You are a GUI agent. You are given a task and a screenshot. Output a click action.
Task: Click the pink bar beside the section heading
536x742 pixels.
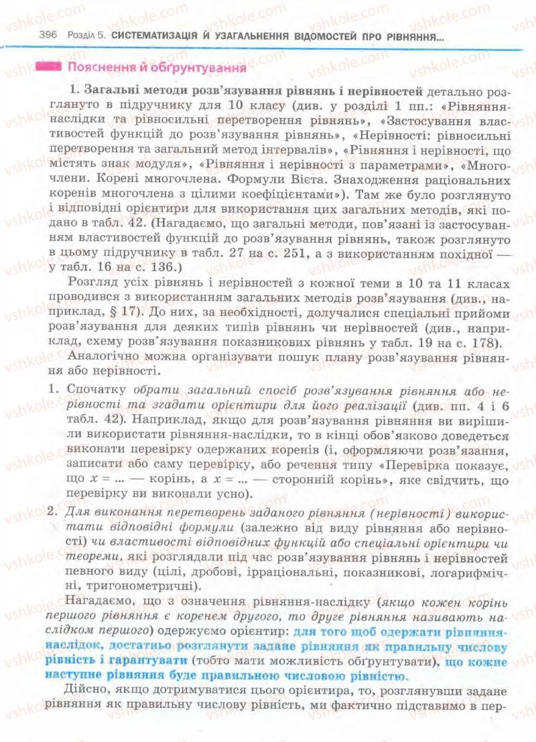tap(50, 67)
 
